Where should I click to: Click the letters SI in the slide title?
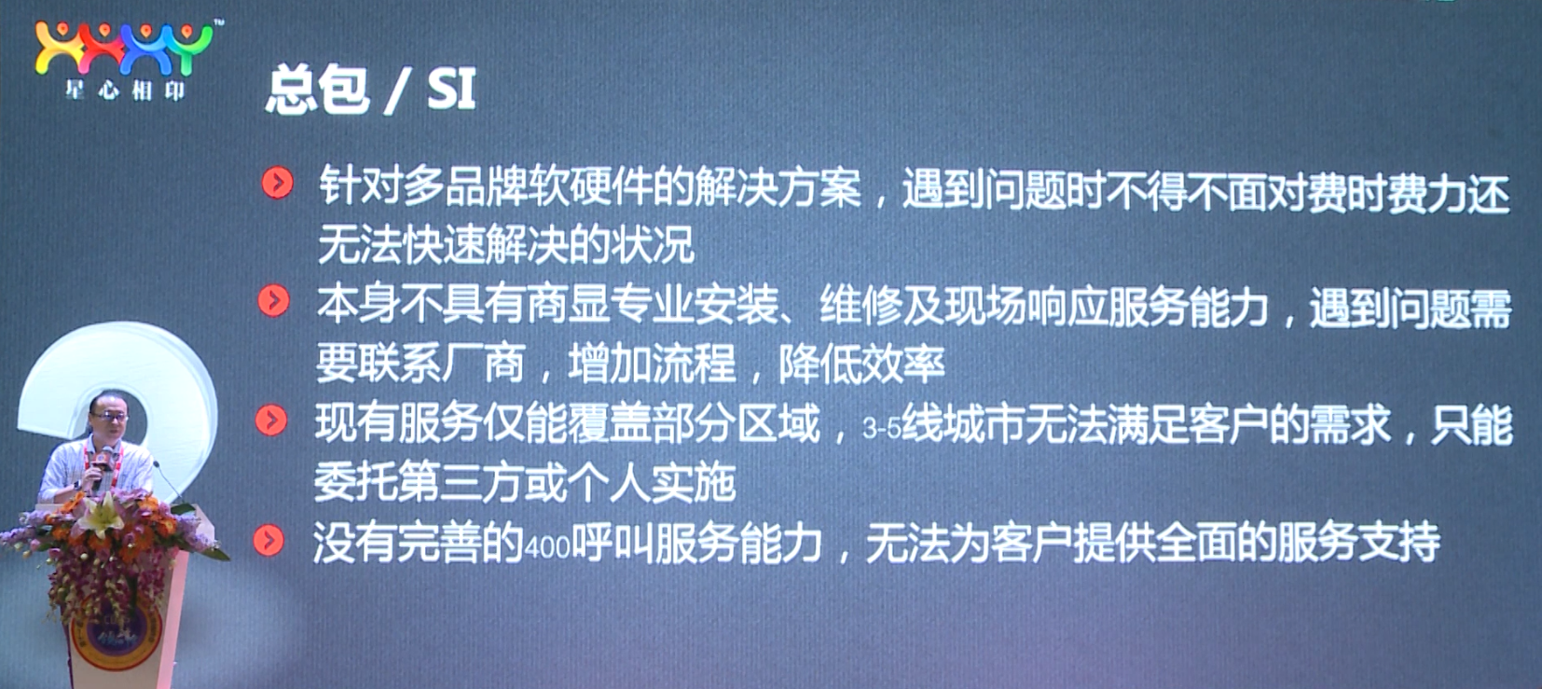click(451, 90)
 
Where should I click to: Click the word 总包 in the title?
click(317, 90)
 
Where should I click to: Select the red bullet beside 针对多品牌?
click(278, 183)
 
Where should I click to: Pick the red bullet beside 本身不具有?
click(274, 301)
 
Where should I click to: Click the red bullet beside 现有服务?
click(271, 420)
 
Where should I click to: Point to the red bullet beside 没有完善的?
click(268, 541)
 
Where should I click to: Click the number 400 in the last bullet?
click(547, 548)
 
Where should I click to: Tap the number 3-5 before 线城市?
click(882, 429)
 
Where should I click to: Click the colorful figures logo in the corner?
click(125, 48)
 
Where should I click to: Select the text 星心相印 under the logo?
click(125, 90)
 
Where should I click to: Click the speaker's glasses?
click(110, 417)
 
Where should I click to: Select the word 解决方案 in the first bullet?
click(778, 188)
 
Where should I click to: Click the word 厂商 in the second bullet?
click(482, 363)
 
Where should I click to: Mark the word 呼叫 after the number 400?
click(613, 542)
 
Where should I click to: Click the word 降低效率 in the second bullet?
click(861, 363)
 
